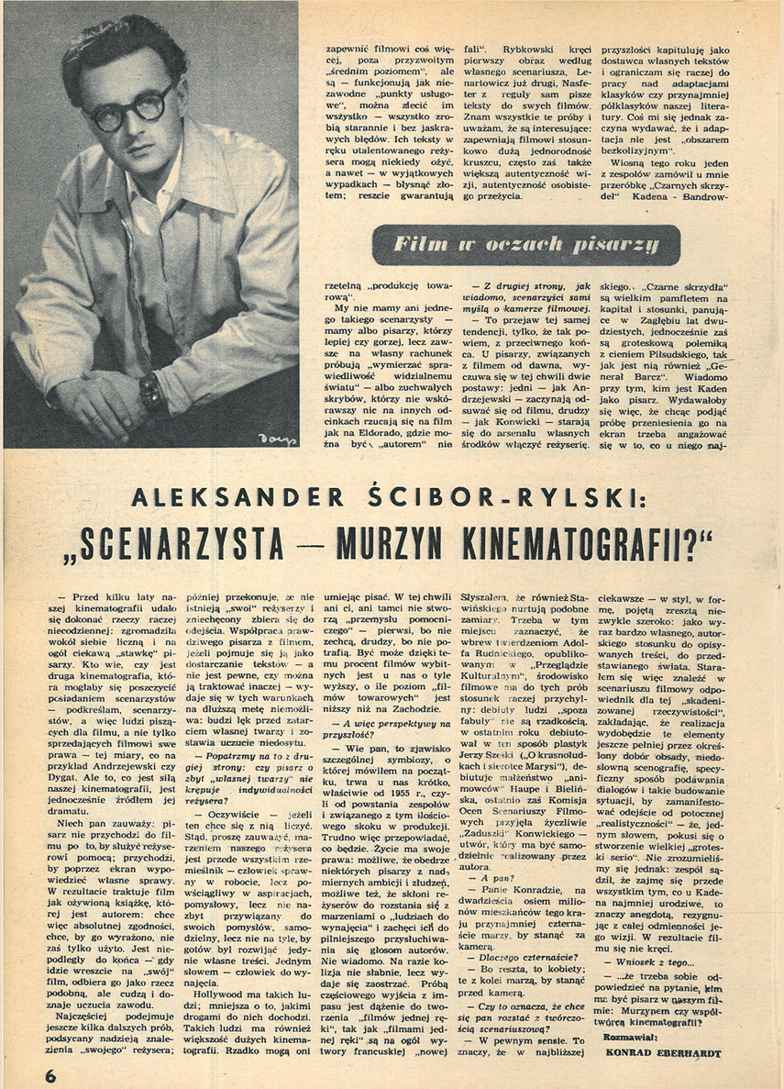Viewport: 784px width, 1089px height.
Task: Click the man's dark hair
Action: [119, 46]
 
